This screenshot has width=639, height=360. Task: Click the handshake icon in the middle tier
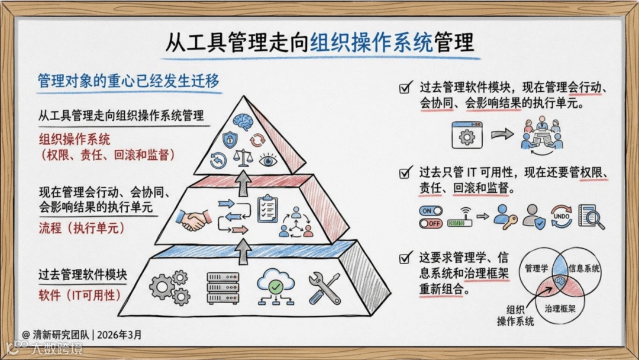pos(194,221)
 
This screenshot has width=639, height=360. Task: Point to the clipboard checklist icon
pos(267,208)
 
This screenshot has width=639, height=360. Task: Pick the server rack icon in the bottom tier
pos(222,288)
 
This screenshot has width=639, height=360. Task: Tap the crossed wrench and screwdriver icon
pos(324,288)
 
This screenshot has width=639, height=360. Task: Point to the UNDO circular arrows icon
pos(561,217)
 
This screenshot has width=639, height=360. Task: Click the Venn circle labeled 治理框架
pos(559,299)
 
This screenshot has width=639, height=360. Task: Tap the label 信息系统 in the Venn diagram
pos(584,268)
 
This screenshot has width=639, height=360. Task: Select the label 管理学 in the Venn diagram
pos(536,268)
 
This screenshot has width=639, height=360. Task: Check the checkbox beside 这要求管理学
pos(406,258)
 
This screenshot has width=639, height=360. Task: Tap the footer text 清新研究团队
pos(60,335)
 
